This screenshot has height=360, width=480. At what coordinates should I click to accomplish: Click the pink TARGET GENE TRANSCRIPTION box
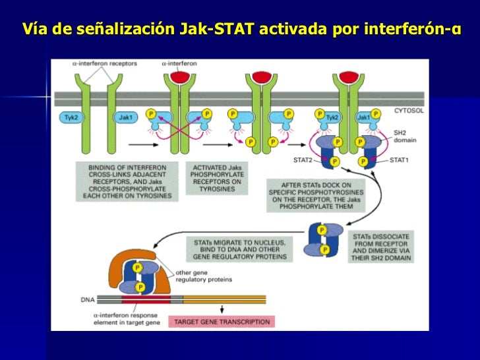(221, 322)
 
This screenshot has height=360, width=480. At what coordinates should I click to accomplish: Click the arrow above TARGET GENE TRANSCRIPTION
(220, 308)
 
